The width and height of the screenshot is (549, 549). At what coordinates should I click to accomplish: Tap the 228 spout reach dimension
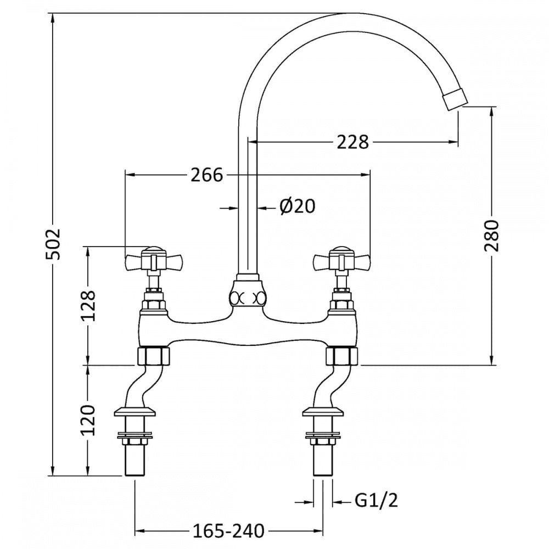click(x=352, y=142)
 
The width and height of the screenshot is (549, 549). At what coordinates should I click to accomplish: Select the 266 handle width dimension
click(x=207, y=175)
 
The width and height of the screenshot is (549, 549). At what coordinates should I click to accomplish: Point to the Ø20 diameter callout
click(x=296, y=207)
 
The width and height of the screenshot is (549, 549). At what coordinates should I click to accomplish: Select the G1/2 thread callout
click(x=376, y=500)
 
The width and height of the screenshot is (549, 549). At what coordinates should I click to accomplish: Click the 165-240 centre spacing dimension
click(x=228, y=531)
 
